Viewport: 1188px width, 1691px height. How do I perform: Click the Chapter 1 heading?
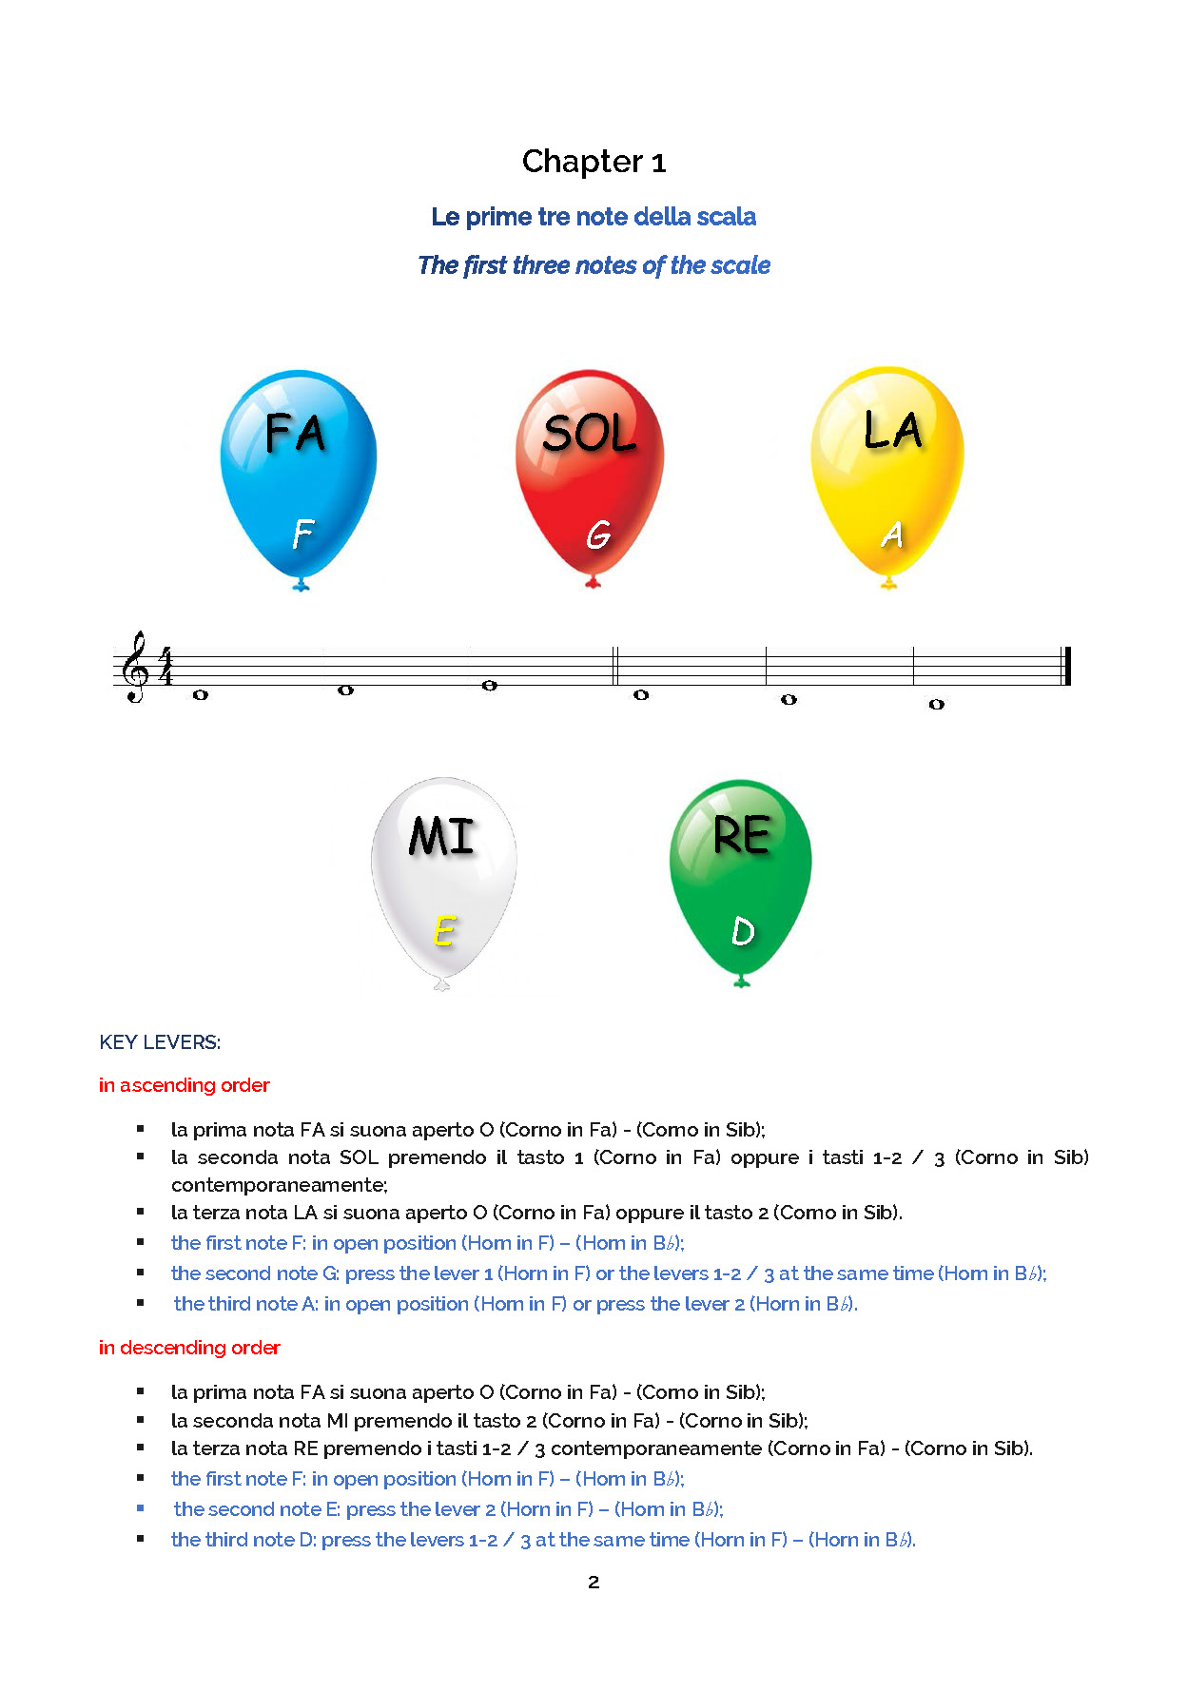tap(594, 162)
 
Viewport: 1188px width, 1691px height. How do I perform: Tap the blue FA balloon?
tap(299, 471)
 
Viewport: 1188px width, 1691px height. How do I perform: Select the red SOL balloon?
tap(590, 471)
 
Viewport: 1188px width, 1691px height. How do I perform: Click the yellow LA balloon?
tap(887, 471)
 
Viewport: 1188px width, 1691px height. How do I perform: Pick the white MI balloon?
tap(443, 875)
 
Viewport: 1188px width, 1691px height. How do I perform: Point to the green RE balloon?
tap(741, 875)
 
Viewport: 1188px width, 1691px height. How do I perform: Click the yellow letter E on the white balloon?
tap(443, 931)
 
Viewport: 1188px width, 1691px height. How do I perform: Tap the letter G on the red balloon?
tap(597, 535)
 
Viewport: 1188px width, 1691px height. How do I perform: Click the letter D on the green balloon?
tap(743, 931)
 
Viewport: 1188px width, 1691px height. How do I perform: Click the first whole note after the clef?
tap(200, 695)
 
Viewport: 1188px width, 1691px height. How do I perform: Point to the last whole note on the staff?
tap(936, 705)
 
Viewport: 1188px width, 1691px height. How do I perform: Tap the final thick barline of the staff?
tap(1067, 666)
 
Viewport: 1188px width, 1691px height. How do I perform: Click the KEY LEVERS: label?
tap(160, 1042)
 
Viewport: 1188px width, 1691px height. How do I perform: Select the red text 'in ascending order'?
tap(185, 1085)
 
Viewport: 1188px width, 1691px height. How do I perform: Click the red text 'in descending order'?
tap(189, 1348)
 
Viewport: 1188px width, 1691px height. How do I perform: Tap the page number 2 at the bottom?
tap(594, 1583)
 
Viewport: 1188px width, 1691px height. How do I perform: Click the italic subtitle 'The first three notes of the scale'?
tap(594, 265)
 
